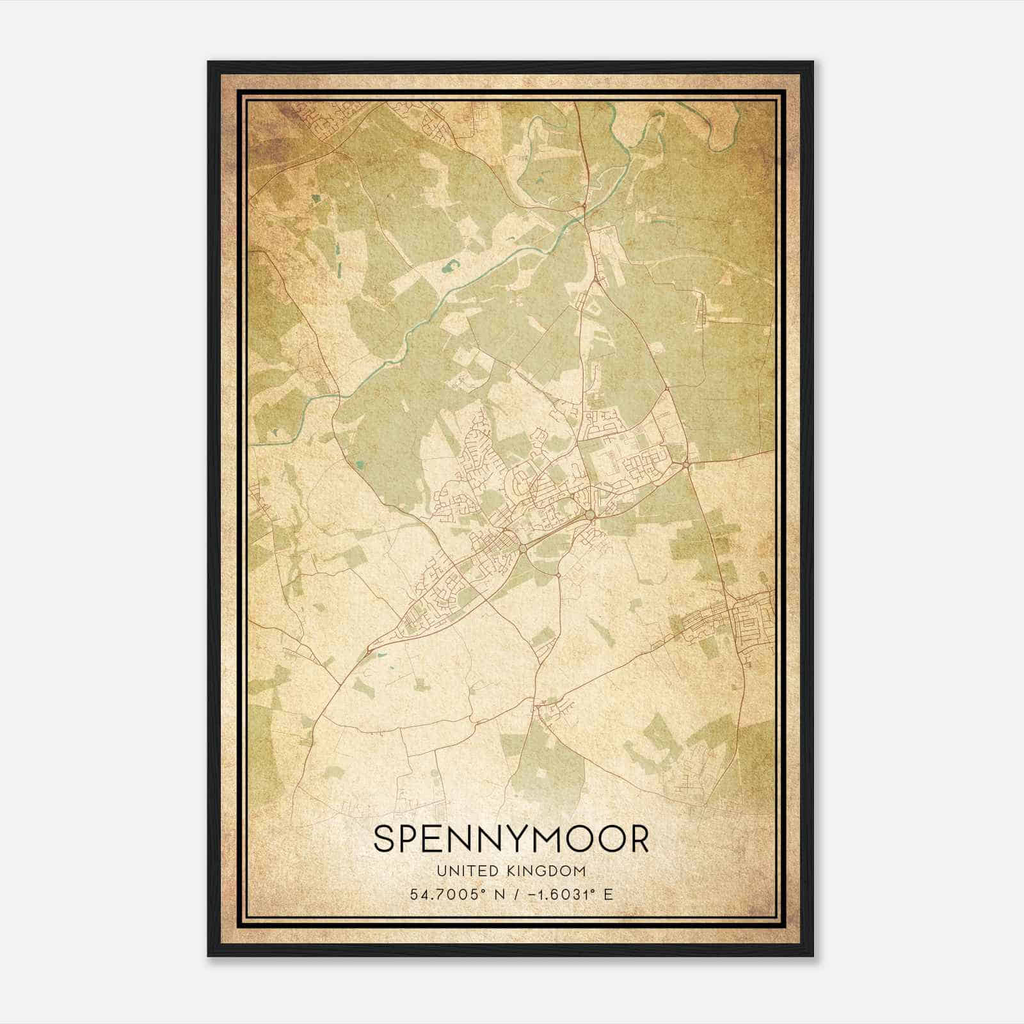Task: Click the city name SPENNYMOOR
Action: coord(511,839)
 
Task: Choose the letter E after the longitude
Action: coord(608,894)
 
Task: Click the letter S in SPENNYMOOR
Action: coord(385,839)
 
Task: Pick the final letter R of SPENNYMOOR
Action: coord(638,839)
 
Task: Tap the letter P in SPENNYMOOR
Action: coord(413,839)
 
